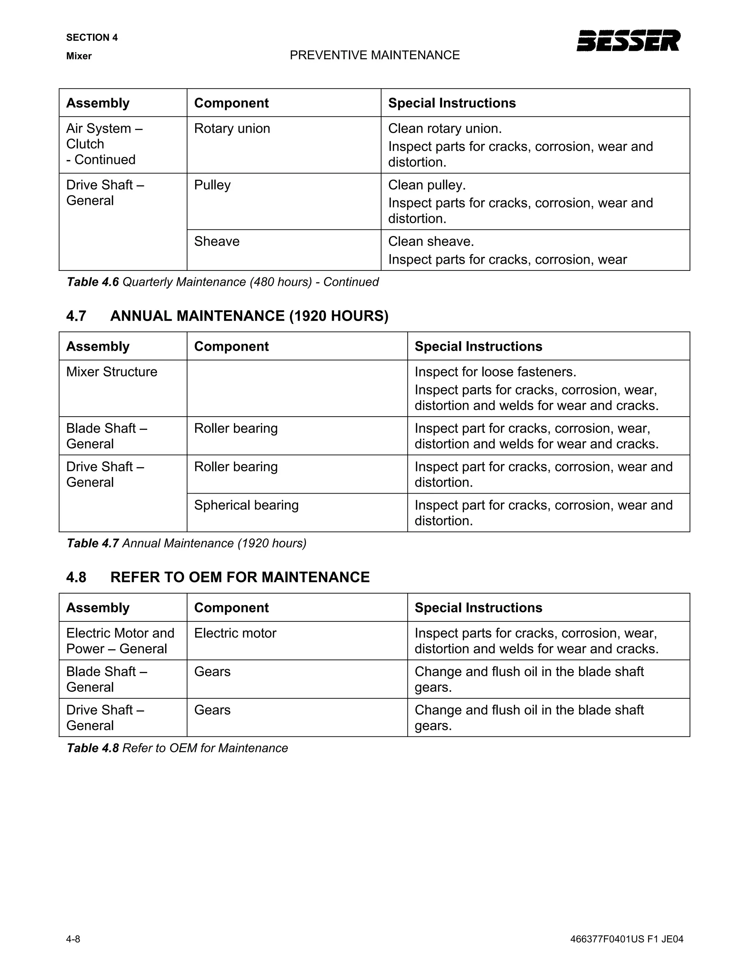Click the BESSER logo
click(628, 41)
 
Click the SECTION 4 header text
click(92, 37)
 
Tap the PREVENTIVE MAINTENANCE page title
click(375, 55)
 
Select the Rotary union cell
click(232, 129)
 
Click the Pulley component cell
click(212, 185)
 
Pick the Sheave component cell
click(217, 241)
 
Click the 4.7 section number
click(76, 316)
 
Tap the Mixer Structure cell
click(112, 372)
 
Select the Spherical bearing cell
click(246, 505)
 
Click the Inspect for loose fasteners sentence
click(495, 372)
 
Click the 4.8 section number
click(76, 577)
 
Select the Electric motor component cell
click(235, 633)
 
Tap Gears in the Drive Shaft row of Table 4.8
click(212, 710)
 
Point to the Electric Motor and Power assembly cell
click(120, 640)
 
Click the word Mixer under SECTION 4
click(79, 56)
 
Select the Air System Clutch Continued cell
click(104, 144)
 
